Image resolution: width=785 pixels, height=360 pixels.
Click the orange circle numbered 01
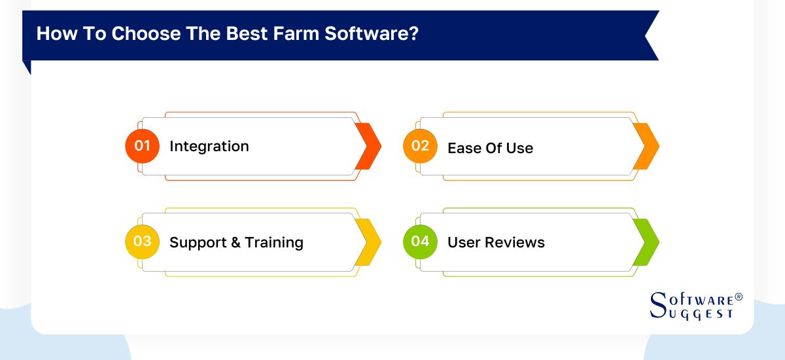point(142,146)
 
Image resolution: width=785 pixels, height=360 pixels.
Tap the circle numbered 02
point(420,146)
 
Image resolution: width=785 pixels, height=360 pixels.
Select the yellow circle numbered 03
point(142,242)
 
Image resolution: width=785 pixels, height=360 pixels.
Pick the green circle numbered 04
point(420,242)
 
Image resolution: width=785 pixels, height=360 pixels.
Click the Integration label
point(209,147)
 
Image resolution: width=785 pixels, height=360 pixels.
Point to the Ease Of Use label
point(490,148)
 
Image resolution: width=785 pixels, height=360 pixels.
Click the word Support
point(196,243)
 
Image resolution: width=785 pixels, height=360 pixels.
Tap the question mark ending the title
point(414,33)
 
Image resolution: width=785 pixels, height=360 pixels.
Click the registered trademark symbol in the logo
point(739,297)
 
